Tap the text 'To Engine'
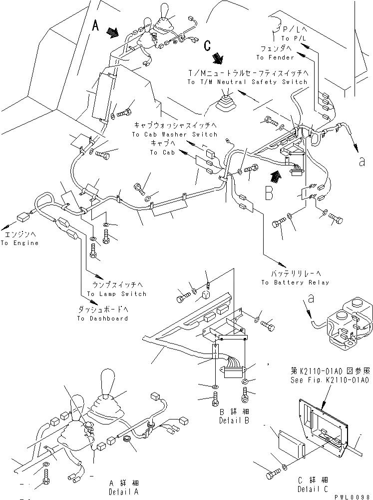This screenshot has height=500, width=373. click(19, 243)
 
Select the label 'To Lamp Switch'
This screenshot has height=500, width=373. click(117, 293)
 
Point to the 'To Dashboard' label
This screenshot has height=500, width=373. click(102, 318)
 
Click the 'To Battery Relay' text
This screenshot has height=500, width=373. click(295, 282)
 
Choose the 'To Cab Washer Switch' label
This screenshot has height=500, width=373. click(175, 134)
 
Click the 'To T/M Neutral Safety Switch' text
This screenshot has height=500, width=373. click(247, 81)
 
